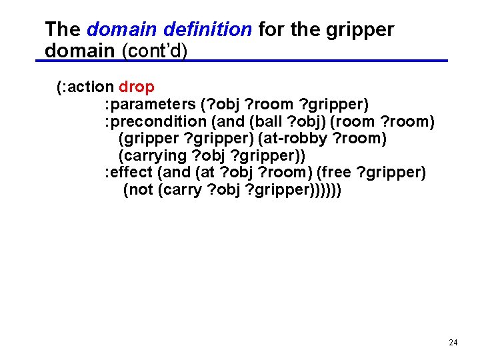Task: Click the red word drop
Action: pyautogui.click(x=137, y=87)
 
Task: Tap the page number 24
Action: pyautogui.click(x=453, y=343)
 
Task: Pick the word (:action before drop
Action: pyautogui.click(x=85, y=87)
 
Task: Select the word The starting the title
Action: pyautogui.click(x=63, y=30)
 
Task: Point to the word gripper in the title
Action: pyautogui.click(x=360, y=30)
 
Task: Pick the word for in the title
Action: pyautogui.click(x=270, y=30)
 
